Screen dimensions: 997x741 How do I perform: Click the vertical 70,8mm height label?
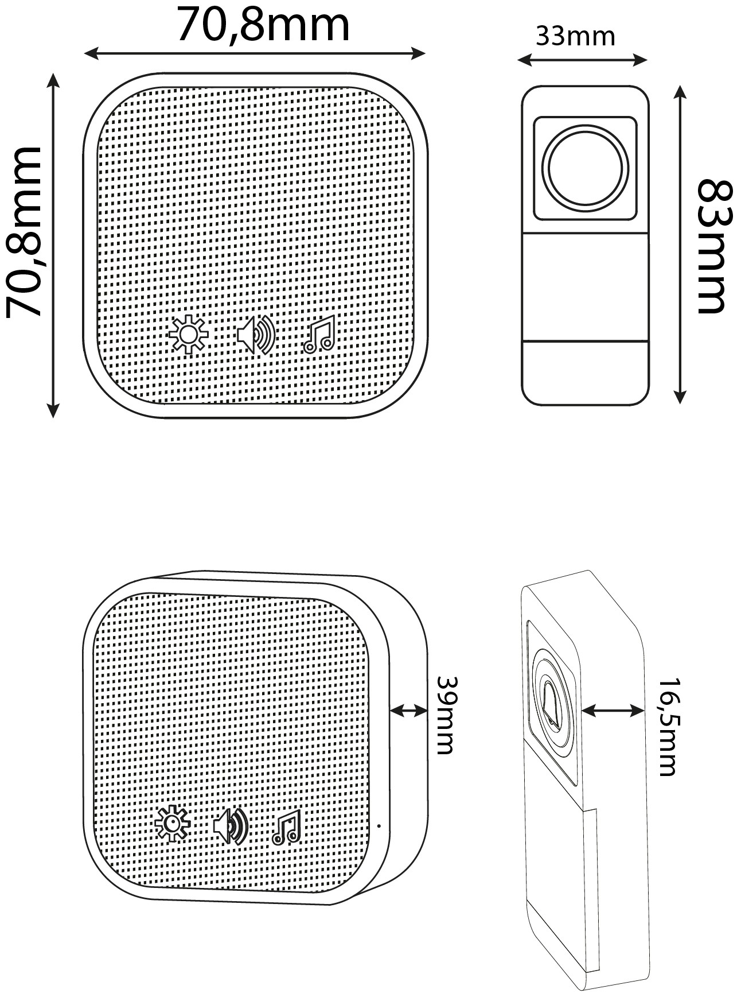pyautogui.click(x=24, y=232)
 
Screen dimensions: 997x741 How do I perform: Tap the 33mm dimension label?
pyautogui.click(x=575, y=37)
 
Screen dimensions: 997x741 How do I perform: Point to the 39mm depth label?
pyautogui.click(x=446, y=715)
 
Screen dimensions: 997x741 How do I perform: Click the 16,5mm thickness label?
pyautogui.click(x=668, y=727)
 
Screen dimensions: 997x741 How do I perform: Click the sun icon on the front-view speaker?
pyautogui.click(x=188, y=335)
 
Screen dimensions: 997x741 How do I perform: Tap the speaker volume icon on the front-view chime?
pyautogui.click(x=256, y=335)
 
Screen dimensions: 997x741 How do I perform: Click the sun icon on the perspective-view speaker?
pyautogui.click(x=172, y=824)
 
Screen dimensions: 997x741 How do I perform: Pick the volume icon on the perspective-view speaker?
pyautogui.click(x=231, y=827)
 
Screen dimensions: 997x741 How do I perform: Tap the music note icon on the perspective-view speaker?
pyautogui.click(x=287, y=828)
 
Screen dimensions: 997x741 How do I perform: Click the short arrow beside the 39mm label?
pyautogui.click(x=409, y=711)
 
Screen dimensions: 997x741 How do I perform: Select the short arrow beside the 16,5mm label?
pyautogui.click(x=613, y=711)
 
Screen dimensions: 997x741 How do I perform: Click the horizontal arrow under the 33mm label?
pyautogui.click(x=582, y=59)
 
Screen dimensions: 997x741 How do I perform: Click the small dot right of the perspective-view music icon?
pyautogui.click(x=379, y=826)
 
